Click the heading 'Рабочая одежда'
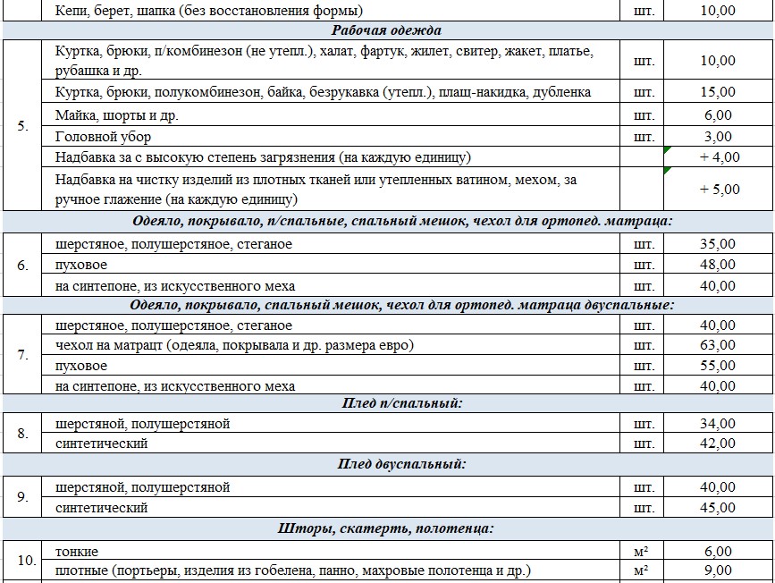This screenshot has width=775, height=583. pos(387,30)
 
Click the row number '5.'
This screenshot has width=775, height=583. pos(22,126)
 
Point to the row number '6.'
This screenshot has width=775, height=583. pos(22,265)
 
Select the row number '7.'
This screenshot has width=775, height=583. pos(22,356)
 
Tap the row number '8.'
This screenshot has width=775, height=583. pos(22,434)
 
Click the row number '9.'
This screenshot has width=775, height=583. pos(22,497)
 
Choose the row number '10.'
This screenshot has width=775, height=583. pos(26,562)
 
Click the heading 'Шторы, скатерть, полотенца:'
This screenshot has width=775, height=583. pos(386,528)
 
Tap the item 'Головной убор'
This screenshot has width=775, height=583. pos(103,137)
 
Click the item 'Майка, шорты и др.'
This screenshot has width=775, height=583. pos(113,115)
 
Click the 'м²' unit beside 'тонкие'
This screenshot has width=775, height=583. pos(640,552)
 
